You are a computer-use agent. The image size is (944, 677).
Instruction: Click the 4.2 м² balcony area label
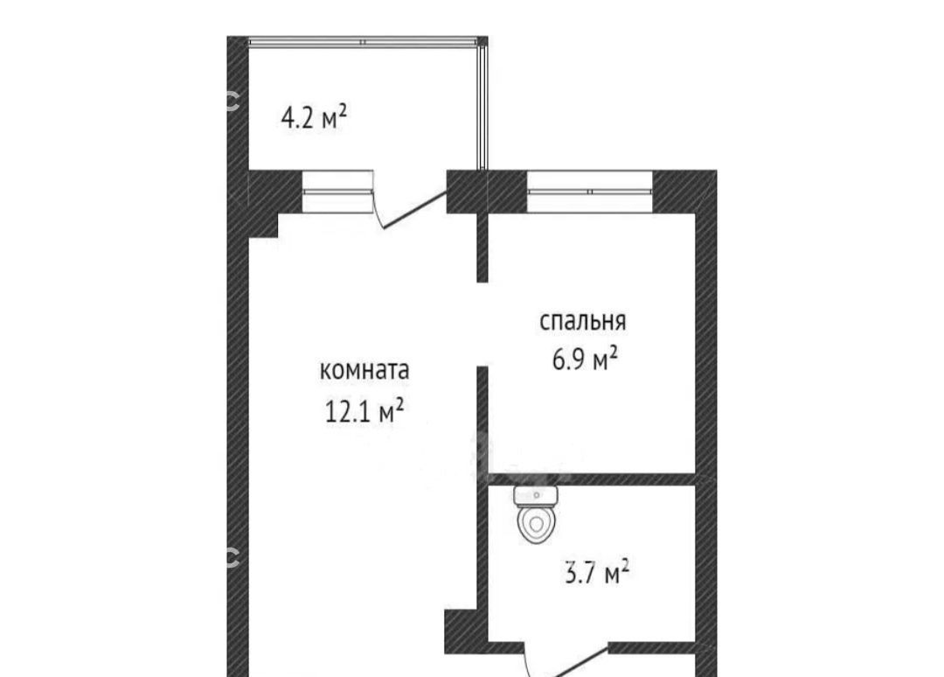pos(314,117)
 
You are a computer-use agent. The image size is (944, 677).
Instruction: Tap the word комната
pos(364,370)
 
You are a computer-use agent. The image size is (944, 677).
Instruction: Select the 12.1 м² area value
pos(364,411)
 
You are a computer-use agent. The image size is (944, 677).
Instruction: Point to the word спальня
pos(582,321)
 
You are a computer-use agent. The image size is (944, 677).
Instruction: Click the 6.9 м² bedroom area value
pos(585,359)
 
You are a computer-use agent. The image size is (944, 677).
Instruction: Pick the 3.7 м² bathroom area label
pos(597,571)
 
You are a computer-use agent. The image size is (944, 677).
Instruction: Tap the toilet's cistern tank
pos(537,496)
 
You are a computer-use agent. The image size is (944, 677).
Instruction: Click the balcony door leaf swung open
pos(415,210)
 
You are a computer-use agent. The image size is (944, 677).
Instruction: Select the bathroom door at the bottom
pos(566,662)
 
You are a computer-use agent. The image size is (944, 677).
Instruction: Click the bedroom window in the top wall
pos(590,192)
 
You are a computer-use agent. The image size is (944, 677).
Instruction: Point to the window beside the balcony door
pos(337,192)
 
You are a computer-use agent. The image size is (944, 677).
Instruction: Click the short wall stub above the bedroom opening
pos(482,247)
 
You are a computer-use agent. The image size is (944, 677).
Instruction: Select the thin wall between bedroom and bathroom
pos(591,479)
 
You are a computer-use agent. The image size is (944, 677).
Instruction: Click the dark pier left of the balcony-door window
pos(274,192)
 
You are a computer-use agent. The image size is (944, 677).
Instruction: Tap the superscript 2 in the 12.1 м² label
pos(399,404)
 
